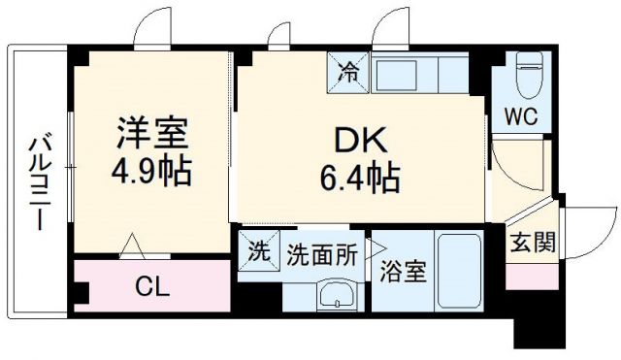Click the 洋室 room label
tap(147, 132)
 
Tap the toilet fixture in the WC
tap(530, 76)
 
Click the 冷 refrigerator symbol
tap(348, 71)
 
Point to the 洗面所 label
tap(321, 253)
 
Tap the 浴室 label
tap(402, 273)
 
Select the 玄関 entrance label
tap(533, 243)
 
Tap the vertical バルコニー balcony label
tap(38, 181)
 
